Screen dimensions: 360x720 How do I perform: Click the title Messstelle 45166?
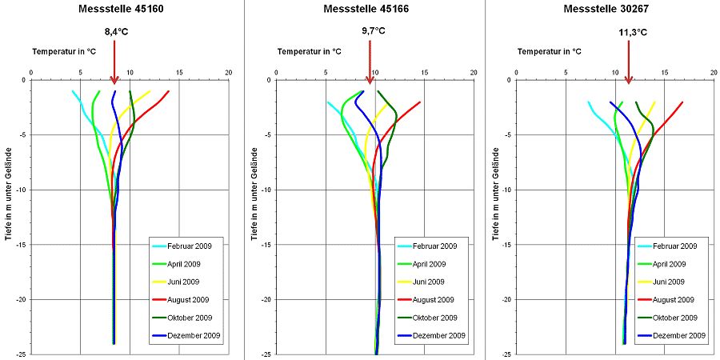coord(364,10)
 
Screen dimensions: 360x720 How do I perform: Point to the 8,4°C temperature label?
coord(115,32)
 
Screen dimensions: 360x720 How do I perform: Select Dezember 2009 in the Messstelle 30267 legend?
coord(679,336)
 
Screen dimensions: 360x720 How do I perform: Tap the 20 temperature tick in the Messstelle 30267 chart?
coord(714,73)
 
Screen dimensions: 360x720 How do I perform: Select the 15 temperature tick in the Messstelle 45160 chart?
coord(179,73)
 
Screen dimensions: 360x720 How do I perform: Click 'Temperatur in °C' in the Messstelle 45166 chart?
coord(309,51)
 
